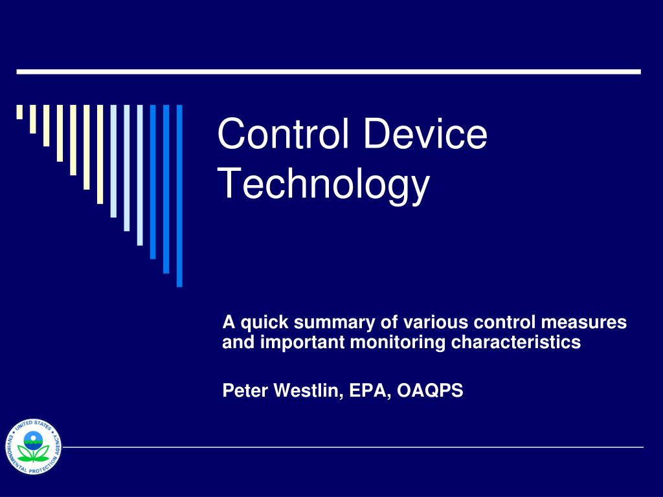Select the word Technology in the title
pyautogui.click(x=324, y=184)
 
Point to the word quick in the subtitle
pyautogui.click(x=262, y=322)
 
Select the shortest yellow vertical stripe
pyautogui.click(x=19, y=113)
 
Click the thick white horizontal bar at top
pyautogui.click(x=328, y=71)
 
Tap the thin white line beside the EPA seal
pyautogui.click(x=353, y=447)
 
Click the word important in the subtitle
pyautogui.click(x=302, y=343)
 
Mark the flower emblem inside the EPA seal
pyautogui.click(x=32, y=447)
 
